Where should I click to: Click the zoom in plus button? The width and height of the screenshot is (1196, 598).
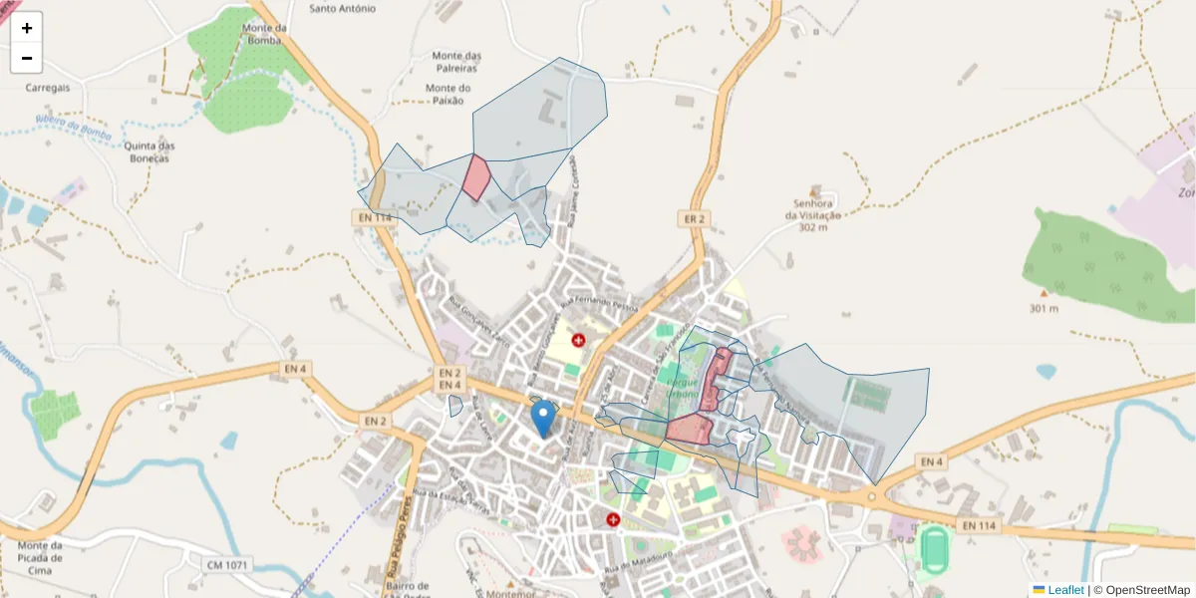click(26, 28)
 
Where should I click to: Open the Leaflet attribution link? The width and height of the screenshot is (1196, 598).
click(1065, 590)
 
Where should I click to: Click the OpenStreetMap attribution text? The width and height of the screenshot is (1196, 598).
click(1147, 590)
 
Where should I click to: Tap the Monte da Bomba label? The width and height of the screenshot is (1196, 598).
click(264, 35)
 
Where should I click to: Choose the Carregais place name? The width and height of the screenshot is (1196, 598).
click(48, 88)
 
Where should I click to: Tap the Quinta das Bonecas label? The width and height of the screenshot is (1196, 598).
click(149, 151)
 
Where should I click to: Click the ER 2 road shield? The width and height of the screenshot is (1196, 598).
click(694, 219)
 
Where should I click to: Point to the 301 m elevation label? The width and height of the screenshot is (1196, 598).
click(1044, 308)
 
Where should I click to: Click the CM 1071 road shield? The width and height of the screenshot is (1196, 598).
click(226, 565)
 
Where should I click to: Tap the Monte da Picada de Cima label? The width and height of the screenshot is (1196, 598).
click(40, 557)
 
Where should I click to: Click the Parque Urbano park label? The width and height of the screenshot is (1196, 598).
click(683, 388)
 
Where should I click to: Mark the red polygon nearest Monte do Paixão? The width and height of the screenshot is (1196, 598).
click(476, 177)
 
